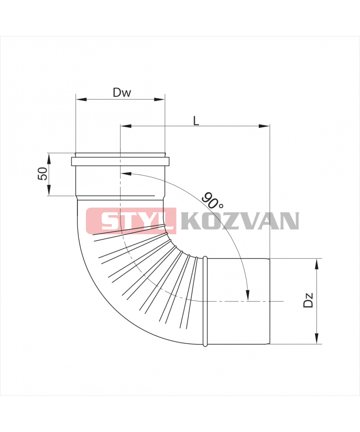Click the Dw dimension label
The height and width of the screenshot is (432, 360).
(x=122, y=93)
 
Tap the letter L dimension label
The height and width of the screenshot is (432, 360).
(x=196, y=121)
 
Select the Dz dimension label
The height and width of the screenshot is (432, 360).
(x=308, y=300)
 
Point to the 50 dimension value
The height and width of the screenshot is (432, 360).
(x=42, y=174)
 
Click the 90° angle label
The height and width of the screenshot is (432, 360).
(x=212, y=200)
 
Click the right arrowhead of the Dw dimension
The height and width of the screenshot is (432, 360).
(x=159, y=99)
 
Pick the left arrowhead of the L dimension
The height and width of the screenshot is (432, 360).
(x=126, y=126)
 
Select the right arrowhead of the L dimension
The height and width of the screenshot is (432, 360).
(x=264, y=126)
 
